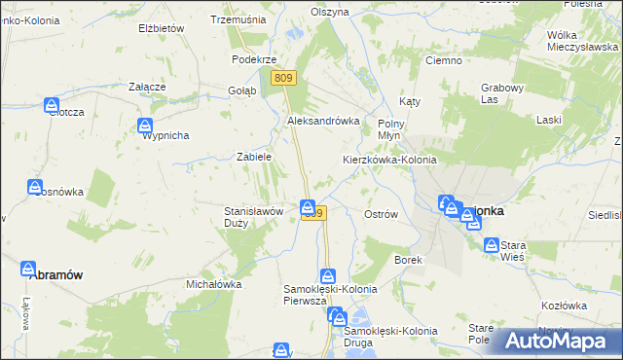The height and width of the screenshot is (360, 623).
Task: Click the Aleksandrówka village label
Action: pyautogui.click(x=323, y=121)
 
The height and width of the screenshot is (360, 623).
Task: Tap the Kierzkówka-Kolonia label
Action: pyautogui.click(x=389, y=159)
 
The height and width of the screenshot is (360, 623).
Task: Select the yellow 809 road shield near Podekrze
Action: pyautogui.click(x=283, y=78)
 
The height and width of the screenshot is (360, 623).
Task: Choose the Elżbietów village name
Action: pyautogui.click(x=161, y=28)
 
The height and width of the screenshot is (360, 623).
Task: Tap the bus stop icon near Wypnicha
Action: pyautogui.click(x=145, y=125)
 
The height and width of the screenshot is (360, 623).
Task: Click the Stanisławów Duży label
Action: pyautogui.click(x=254, y=216)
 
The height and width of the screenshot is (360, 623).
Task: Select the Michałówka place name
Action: pyautogui.click(x=213, y=284)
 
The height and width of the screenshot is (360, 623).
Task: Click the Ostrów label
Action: pyautogui.click(x=380, y=214)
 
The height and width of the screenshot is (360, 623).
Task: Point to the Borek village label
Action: pyautogui.click(x=407, y=260)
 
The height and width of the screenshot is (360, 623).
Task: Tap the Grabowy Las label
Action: pyautogui.click(x=502, y=92)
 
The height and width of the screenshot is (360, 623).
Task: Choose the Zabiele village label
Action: pyautogui.click(x=254, y=156)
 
